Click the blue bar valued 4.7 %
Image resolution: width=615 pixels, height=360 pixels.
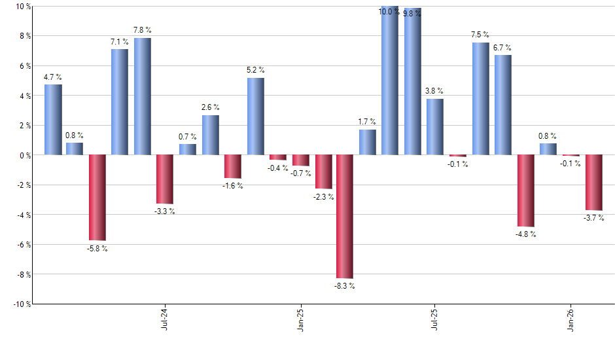point(53,120)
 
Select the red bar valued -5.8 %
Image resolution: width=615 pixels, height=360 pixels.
point(97,198)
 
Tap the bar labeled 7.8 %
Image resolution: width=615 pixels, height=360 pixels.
point(143,96)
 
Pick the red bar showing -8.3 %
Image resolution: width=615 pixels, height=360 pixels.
point(345,217)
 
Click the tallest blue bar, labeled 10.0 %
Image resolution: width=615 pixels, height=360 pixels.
point(390,81)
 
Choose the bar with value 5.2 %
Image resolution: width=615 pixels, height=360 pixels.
point(256,117)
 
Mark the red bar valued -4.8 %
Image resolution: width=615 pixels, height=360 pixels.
point(525,190)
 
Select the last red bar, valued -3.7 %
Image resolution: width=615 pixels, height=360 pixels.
point(593,183)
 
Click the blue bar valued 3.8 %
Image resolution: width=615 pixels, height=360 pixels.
point(435,127)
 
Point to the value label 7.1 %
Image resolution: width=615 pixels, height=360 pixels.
point(120,43)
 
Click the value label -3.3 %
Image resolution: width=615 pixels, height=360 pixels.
point(165,211)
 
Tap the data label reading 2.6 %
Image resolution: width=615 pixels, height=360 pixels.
point(210,107)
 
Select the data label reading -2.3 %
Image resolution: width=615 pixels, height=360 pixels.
point(323,196)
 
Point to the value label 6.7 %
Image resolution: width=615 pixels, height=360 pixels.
point(503,48)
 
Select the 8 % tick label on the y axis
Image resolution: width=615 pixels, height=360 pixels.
point(24,36)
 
